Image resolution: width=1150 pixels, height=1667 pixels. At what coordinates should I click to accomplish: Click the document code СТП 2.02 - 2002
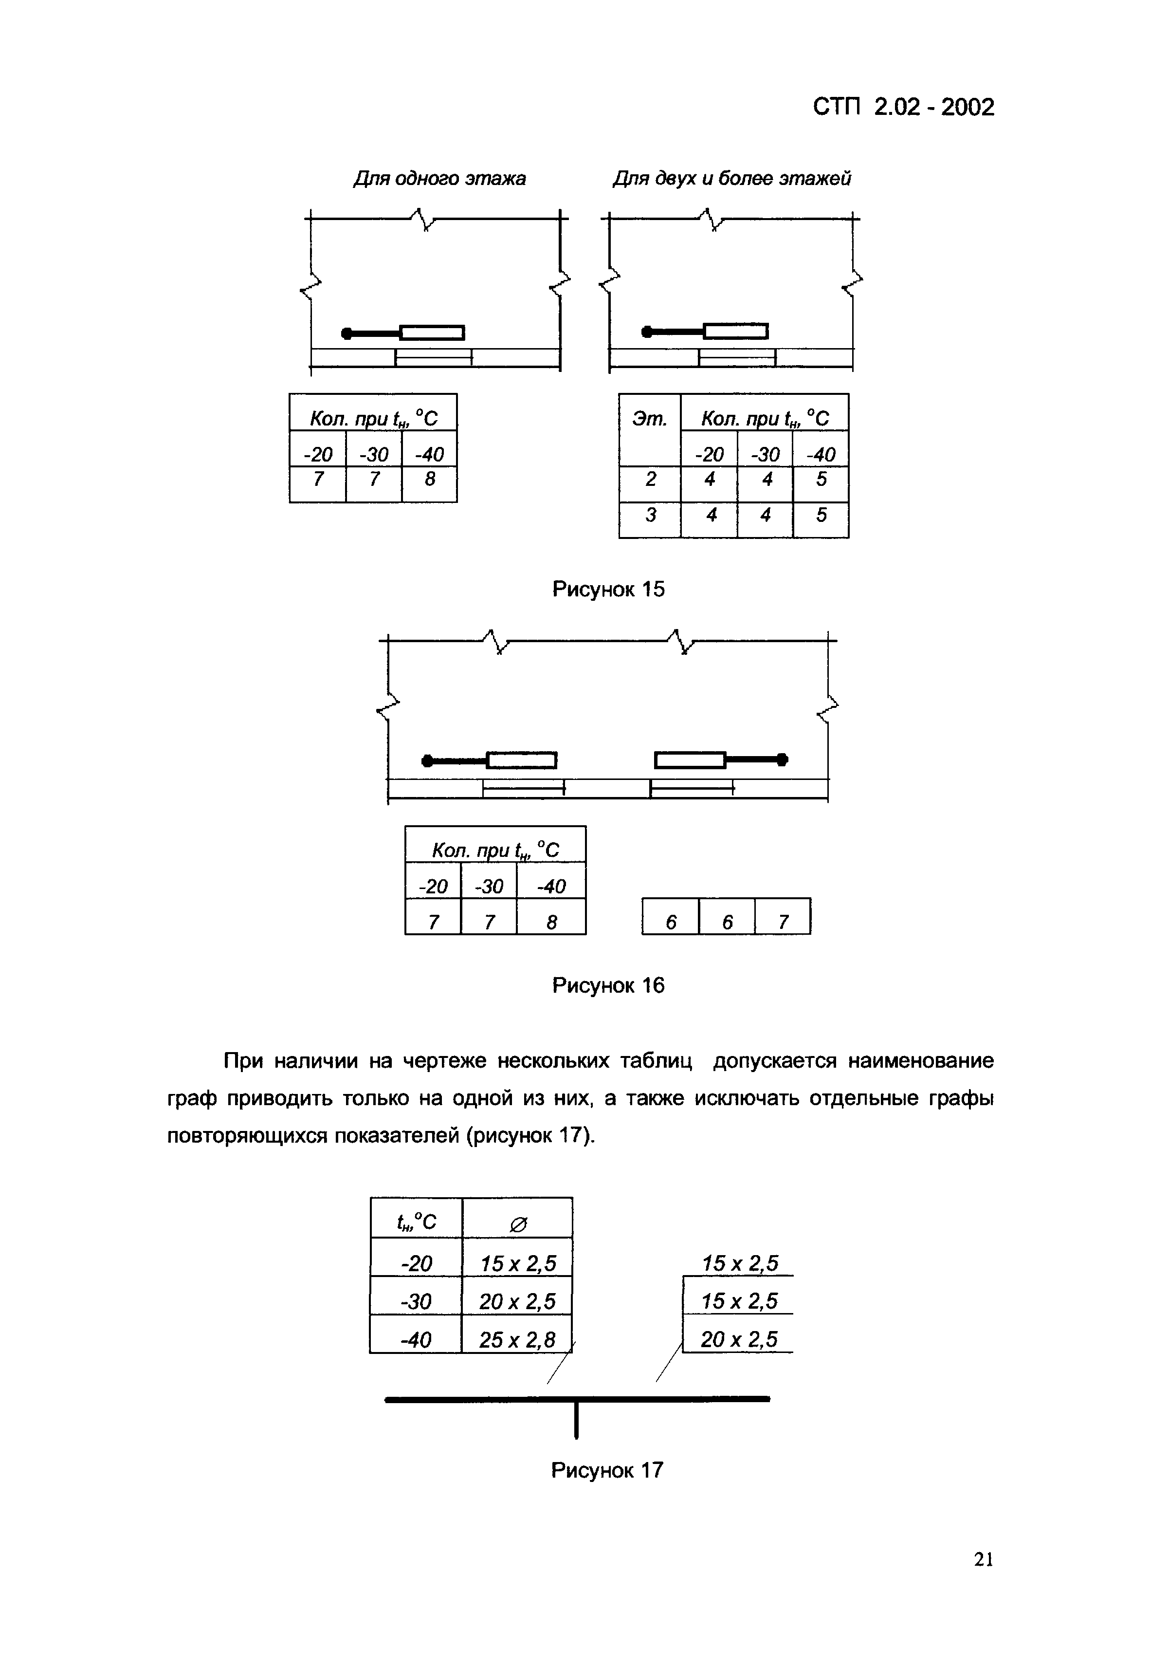click(x=903, y=108)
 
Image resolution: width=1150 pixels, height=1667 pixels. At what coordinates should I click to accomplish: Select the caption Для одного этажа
click(x=439, y=178)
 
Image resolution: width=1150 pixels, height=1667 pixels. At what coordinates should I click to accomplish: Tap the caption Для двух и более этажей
click(x=731, y=178)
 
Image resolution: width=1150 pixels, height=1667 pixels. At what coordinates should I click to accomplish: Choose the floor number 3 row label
click(x=650, y=515)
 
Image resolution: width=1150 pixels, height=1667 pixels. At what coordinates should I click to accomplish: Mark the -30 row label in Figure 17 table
click(x=416, y=1301)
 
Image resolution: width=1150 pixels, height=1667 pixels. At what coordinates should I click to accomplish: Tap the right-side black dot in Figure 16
click(x=783, y=759)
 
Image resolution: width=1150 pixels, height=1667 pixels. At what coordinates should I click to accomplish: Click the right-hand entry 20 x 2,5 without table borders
click(x=739, y=1339)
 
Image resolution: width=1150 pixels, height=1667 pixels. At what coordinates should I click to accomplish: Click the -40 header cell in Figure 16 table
click(x=551, y=886)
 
